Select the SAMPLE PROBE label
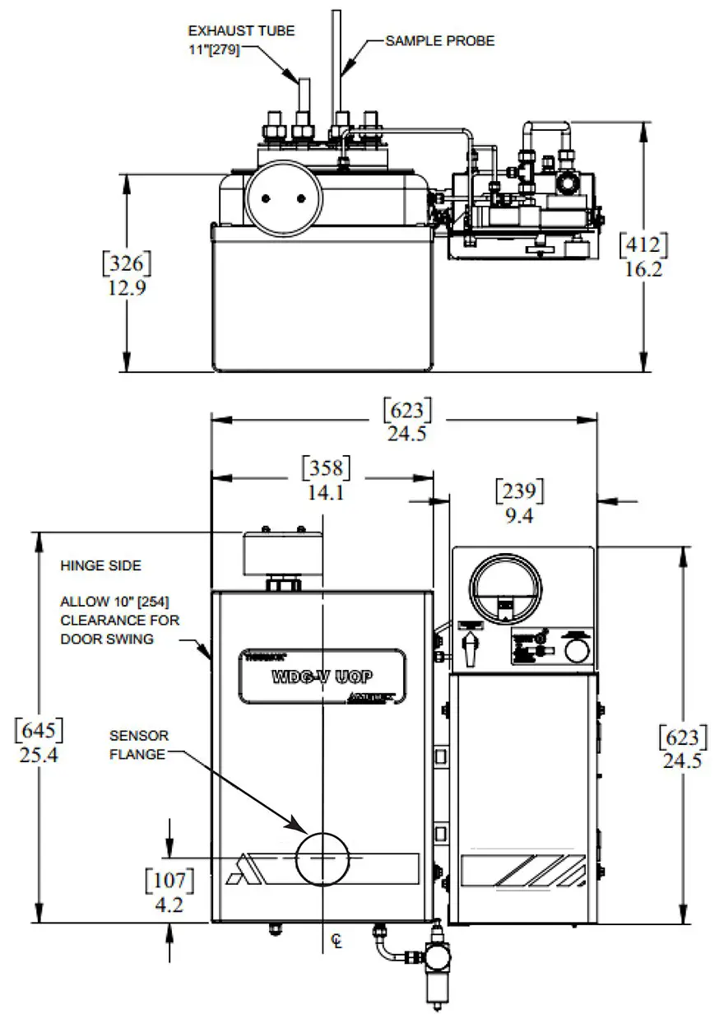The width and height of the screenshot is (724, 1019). (440, 40)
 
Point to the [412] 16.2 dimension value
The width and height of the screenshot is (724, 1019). (643, 256)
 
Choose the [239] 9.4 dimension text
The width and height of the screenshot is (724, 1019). (519, 502)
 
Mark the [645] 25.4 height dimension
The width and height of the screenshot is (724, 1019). (39, 741)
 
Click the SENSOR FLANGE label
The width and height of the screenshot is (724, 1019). (137, 744)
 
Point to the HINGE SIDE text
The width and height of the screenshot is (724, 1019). (100, 566)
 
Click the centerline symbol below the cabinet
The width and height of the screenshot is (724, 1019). (336, 941)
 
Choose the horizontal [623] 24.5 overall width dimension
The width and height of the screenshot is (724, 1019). (406, 420)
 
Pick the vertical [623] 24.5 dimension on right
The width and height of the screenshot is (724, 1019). (682, 748)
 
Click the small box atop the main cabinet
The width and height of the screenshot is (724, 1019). (282, 549)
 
